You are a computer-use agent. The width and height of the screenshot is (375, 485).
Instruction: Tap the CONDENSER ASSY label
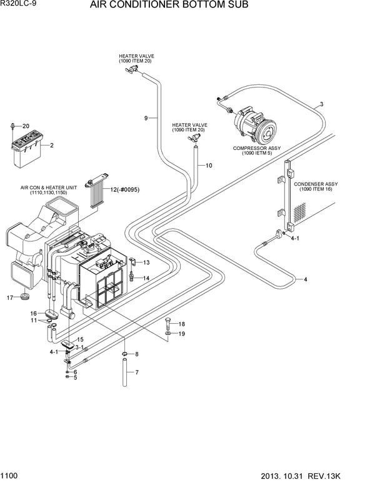[316, 184]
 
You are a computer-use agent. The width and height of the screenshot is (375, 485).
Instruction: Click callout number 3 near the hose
[321, 104]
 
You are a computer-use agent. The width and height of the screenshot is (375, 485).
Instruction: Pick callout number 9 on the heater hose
[146, 118]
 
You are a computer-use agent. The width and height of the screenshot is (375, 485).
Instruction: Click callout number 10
[209, 166]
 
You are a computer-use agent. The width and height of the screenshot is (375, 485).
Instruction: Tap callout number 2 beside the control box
[51, 146]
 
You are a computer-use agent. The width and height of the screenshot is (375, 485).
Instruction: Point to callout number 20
[26, 126]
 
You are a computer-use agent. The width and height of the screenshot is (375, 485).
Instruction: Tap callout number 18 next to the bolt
[182, 324]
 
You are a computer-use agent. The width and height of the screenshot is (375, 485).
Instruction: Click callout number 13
[146, 262]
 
